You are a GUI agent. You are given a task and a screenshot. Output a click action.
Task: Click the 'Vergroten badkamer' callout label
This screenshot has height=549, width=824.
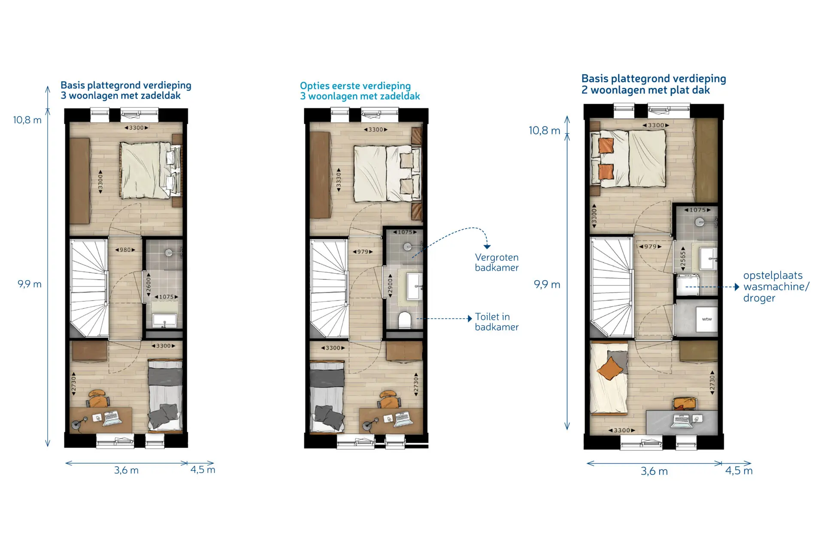[497, 262]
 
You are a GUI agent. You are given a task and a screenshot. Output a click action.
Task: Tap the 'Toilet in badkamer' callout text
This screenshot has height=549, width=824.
[497, 322]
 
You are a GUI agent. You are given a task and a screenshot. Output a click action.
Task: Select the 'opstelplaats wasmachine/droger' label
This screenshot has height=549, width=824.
[776, 287]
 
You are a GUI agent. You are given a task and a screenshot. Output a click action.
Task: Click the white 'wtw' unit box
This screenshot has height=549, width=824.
[706, 319]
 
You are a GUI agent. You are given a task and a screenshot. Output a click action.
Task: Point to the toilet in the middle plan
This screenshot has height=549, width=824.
[405, 320]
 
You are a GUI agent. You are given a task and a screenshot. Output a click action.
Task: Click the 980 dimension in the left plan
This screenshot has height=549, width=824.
[125, 250]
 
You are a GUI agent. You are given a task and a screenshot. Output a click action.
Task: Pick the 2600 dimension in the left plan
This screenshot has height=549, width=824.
[148, 284]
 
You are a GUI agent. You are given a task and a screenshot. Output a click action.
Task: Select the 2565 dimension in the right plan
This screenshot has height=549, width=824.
[683, 259]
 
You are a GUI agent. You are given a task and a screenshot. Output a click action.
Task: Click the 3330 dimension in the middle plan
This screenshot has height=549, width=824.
[339, 180]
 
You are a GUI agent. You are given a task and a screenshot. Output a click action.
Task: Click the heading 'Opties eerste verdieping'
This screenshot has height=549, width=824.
[355, 86]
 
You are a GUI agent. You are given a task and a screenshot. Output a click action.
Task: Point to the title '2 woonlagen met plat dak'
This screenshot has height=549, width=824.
[645, 90]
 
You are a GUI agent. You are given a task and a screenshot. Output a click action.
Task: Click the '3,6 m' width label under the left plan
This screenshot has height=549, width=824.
[126, 470]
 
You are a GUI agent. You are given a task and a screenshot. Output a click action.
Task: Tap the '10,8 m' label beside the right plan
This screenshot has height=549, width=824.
[544, 130]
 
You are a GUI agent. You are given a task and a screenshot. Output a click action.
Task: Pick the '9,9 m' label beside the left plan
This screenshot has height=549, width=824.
[29, 284]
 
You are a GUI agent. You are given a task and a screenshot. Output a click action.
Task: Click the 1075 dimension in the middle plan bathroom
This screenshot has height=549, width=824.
[405, 232]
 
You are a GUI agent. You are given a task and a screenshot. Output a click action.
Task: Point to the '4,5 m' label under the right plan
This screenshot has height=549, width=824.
[739, 471]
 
